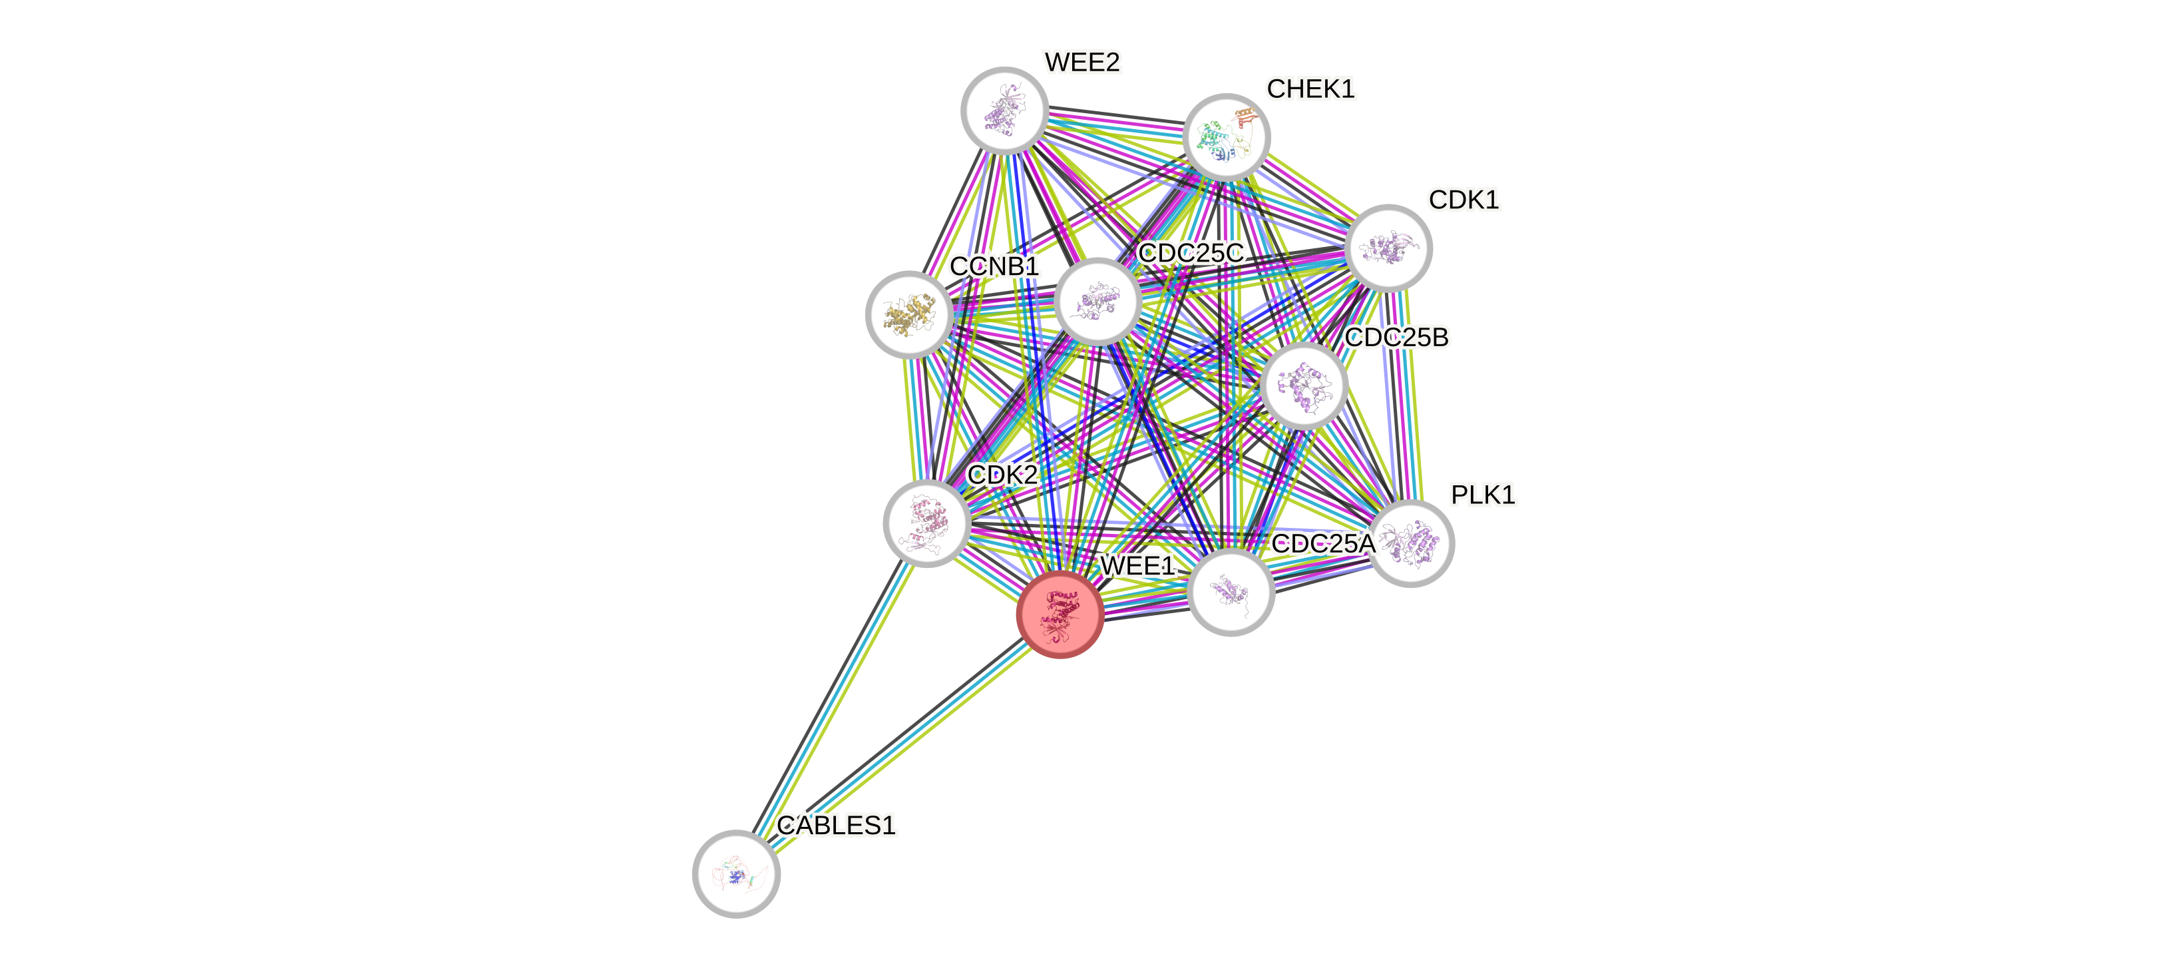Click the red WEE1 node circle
(1060, 614)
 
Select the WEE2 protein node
(1004, 110)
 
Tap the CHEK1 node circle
(1226, 137)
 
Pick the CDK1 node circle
(1388, 248)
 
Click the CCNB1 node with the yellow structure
(908, 314)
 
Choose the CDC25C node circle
(1097, 301)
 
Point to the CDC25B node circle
(1304, 385)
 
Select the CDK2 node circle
(927, 523)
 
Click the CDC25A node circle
(1231, 592)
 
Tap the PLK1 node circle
(1411, 543)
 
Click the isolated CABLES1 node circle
(736, 873)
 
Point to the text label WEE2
(1081, 62)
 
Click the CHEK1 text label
(1310, 89)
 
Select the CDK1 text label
(1463, 200)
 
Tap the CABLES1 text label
(837, 826)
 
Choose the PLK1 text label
(1482, 495)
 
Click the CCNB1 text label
(994, 267)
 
